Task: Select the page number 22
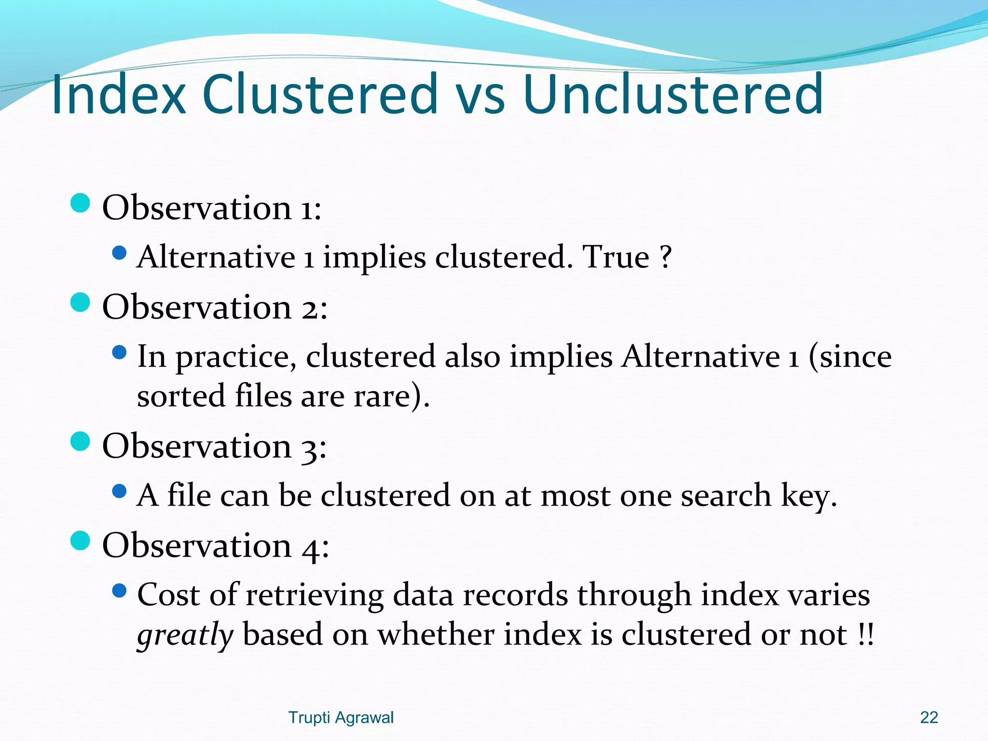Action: pyautogui.click(x=929, y=717)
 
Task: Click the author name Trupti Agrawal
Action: pyautogui.click(x=341, y=717)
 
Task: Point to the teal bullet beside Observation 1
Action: pyautogui.click(x=80, y=203)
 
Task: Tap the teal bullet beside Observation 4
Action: pyautogui.click(x=80, y=541)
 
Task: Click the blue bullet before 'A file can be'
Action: pyautogui.click(x=119, y=492)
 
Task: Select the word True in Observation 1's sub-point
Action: pyautogui.click(x=616, y=257)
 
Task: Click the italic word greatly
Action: pyautogui.click(x=185, y=635)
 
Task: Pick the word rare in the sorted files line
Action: pyautogui.click(x=382, y=397)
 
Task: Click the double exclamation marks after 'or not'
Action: pyautogui.click(x=866, y=635)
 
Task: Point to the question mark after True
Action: pyautogui.click(x=666, y=257)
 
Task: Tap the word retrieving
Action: pyautogui.click(x=315, y=595)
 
